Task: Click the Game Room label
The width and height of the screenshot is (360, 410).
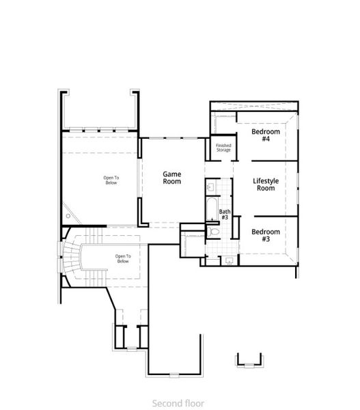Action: click(x=171, y=178)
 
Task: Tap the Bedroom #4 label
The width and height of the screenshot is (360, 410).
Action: click(x=265, y=135)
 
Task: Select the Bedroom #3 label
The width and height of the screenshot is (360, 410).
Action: click(x=265, y=236)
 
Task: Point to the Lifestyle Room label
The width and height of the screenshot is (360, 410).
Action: click(x=265, y=184)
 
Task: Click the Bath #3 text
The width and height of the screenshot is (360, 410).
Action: click(x=225, y=215)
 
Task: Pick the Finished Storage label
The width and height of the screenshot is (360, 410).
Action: click(x=223, y=148)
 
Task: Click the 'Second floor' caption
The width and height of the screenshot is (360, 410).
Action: click(x=178, y=403)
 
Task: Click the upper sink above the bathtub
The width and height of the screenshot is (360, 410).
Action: click(x=211, y=185)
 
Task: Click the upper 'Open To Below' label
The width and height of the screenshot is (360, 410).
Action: click(x=111, y=180)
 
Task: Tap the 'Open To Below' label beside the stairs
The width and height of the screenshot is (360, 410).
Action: click(x=122, y=258)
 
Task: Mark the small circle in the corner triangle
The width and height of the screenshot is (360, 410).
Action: click(x=68, y=217)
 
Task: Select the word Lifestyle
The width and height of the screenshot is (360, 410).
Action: click(x=266, y=180)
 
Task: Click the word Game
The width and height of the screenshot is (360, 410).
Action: click(x=171, y=174)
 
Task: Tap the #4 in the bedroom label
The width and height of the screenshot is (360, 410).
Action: click(x=265, y=139)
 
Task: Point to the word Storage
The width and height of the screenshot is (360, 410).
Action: click(x=223, y=150)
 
